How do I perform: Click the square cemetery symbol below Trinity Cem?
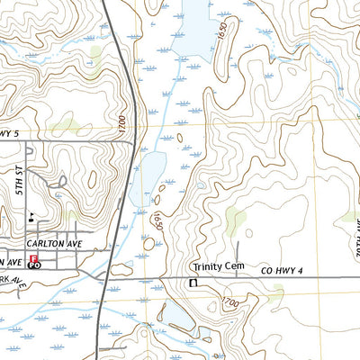(x=192, y=283)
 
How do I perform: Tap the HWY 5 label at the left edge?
(x=9, y=134)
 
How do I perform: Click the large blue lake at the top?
(x=198, y=27)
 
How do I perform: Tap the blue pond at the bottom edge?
(x=179, y=319)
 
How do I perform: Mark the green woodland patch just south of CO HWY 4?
(x=274, y=292)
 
